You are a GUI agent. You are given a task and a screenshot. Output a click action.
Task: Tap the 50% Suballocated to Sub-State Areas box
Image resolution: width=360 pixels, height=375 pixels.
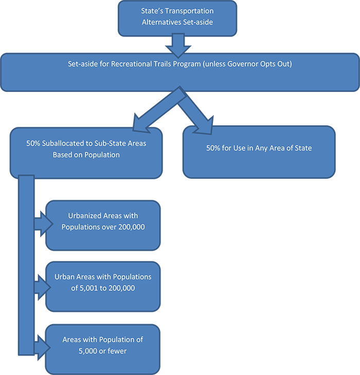point(86,153)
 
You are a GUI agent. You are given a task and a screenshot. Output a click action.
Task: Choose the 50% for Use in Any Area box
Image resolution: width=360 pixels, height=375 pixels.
point(259,152)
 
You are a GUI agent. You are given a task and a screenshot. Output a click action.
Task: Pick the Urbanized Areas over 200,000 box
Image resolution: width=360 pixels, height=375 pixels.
point(103,226)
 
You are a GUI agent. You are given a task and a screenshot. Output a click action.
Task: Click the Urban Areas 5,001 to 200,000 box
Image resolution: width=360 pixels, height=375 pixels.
point(103,286)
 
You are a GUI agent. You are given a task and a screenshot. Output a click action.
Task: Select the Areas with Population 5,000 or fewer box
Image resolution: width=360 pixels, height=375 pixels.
point(103,349)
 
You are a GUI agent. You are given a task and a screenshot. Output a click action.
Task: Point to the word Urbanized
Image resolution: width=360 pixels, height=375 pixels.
point(86,216)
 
